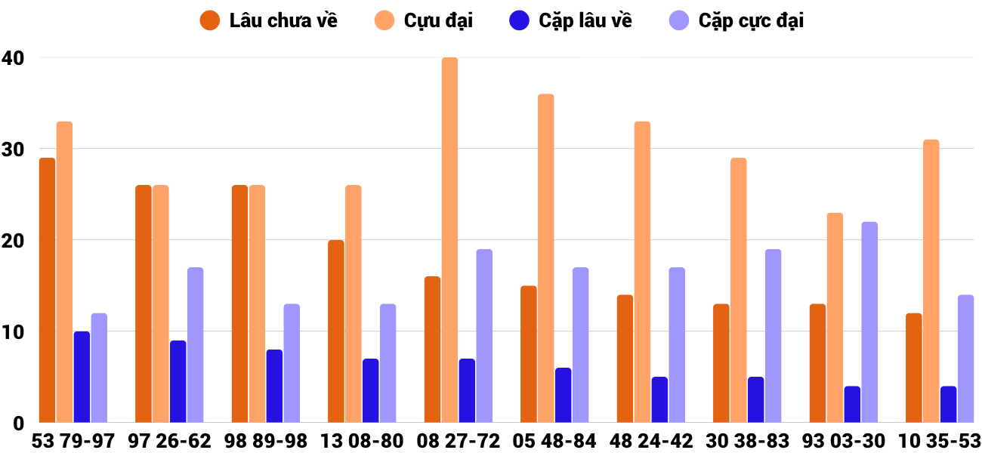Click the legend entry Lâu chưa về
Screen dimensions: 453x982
click(269, 20)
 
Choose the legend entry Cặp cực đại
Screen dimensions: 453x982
click(736, 20)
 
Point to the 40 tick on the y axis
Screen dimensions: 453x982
click(13, 57)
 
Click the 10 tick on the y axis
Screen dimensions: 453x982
click(13, 331)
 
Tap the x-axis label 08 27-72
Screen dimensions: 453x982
click(458, 441)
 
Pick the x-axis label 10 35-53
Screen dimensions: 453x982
click(939, 441)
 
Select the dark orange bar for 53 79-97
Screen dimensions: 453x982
click(48, 290)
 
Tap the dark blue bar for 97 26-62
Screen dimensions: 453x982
click(178, 381)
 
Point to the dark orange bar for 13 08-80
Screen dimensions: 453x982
click(336, 331)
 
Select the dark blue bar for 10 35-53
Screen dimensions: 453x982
click(948, 405)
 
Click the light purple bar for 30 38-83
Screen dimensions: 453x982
click(773, 336)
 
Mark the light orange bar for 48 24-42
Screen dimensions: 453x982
click(642, 272)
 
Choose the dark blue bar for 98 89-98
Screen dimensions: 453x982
click(274, 386)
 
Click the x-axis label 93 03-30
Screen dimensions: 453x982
click(843, 441)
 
